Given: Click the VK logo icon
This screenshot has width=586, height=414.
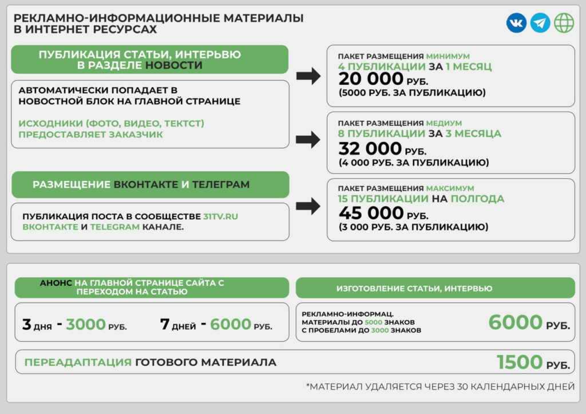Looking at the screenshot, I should [x=516, y=23].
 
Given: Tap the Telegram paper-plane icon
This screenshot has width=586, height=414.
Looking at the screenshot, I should [x=540, y=23].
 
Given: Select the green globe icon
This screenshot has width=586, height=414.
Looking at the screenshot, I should [x=564, y=23].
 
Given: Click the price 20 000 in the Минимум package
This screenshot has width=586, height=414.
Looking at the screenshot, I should [x=371, y=79].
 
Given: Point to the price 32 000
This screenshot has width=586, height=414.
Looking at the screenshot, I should [x=370, y=149].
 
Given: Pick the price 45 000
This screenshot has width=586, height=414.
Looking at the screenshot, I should [x=371, y=213].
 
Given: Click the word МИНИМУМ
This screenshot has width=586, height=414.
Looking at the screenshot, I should [x=448, y=56].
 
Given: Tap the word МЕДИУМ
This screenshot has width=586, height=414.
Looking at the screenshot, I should [x=444, y=123].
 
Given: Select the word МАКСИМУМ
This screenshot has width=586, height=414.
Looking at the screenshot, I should [x=450, y=188].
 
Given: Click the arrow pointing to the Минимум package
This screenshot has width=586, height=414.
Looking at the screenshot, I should [x=308, y=76].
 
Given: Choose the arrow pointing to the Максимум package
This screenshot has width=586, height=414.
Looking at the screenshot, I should [x=308, y=207].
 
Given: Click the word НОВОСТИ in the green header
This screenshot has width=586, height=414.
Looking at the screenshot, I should [x=174, y=65].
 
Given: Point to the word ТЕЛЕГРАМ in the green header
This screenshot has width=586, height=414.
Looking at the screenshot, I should [x=221, y=185].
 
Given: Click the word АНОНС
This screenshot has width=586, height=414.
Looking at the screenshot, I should [x=56, y=283].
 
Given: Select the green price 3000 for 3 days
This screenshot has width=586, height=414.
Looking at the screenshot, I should [x=86, y=325].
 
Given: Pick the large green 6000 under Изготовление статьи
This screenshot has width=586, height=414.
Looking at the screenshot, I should [x=515, y=322].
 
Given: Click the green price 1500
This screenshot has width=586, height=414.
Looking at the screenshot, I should [x=520, y=362].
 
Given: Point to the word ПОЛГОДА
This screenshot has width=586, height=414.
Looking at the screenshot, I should [x=477, y=199].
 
